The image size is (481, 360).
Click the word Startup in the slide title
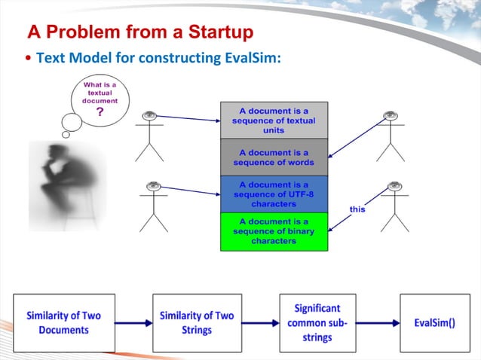[x=216, y=32]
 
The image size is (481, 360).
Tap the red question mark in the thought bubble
[x=99, y=112]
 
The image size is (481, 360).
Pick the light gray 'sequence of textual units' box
[x=274, y=120]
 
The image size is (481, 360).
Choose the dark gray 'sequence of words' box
[x=274, y=157]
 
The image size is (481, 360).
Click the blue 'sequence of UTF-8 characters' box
[x=274, y=194]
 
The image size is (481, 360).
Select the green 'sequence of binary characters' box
[x=274, y=231]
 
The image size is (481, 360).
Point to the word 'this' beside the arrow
[x=357, y=209]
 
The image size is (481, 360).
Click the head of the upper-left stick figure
[x=149, y=116]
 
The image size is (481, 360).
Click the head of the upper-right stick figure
[x=390, y=116]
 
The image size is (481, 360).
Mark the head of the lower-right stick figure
[x=393, y=186]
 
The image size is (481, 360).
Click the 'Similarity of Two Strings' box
[x=197, y=322]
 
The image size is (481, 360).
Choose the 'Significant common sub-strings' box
[x=317, y=322]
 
